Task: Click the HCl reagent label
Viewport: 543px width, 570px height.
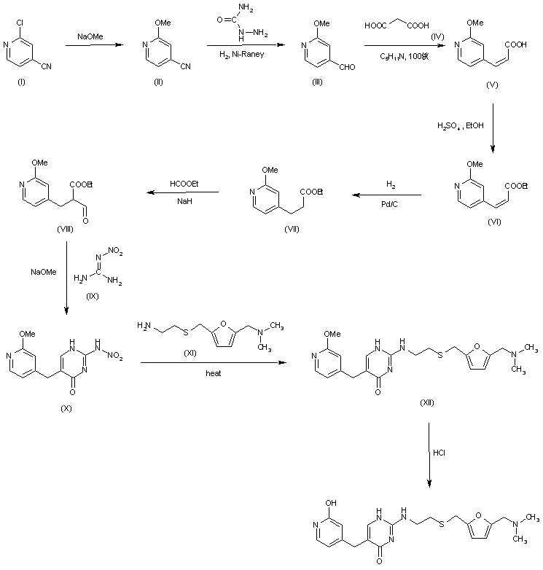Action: [440, 452]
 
